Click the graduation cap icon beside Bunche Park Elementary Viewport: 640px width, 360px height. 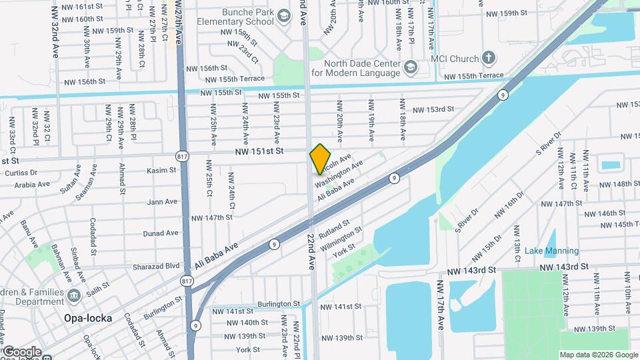coord(283,15)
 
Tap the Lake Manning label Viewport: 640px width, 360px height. coord(551,251)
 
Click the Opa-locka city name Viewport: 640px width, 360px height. coord(88,318)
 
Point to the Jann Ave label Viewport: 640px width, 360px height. coord(163,201)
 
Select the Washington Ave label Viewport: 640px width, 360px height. coord(339,173)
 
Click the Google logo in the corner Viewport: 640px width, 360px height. coord(21,351)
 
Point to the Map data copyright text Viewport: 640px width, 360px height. coord(597,355)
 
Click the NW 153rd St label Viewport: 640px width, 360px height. coord(433,109)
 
